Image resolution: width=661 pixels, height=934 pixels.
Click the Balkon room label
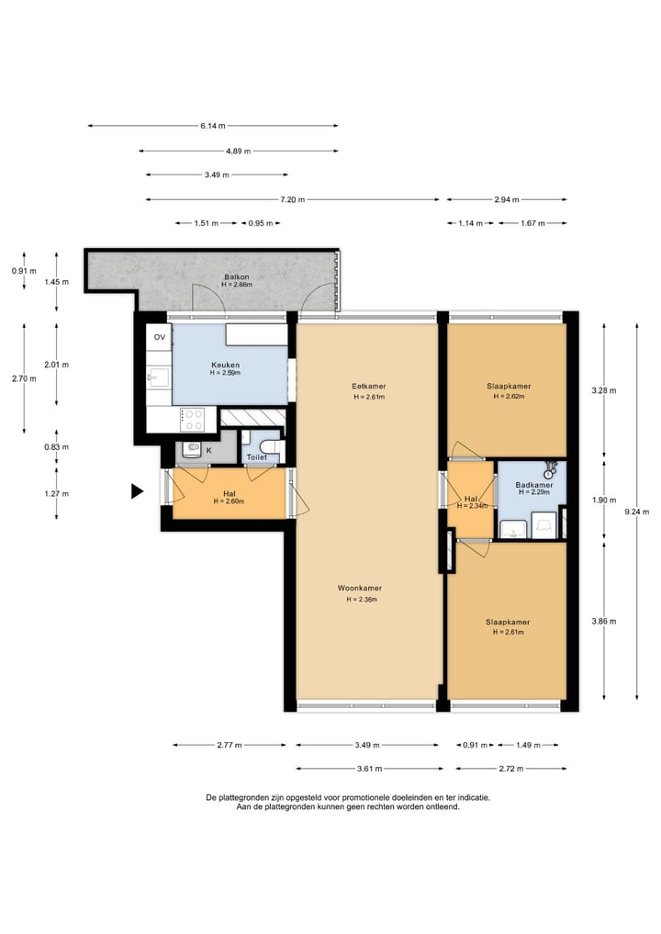tap(237, 277)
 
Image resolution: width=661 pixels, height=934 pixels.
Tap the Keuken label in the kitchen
tap(225, 366)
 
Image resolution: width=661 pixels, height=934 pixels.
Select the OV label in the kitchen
tap(160, 337)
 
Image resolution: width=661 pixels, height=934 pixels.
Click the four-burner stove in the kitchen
tap(193, 419)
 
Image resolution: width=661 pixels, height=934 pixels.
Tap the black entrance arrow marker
tap(138, 490)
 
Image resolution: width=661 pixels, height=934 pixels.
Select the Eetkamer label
tap(369, 387)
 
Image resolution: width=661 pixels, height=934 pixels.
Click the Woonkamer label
tap(360, 589)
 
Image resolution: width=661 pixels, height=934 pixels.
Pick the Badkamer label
tap(534, 485)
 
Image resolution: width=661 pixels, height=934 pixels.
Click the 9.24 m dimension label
tap(636, 512)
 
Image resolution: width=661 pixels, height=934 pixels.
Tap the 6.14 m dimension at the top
tap(213, 126)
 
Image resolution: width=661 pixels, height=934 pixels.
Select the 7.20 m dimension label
tap(292, 199)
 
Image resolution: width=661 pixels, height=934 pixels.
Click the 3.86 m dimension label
tap(604, 621)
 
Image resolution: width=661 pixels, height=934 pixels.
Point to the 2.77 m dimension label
tap(230, 745)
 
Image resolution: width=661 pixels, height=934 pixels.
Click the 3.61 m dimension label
tap(369, 769)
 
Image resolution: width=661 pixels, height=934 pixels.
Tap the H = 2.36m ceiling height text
tap(362, 599)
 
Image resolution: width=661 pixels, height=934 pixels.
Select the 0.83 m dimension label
tap(57, 447)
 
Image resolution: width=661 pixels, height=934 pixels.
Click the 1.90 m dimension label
tap(604, 501)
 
